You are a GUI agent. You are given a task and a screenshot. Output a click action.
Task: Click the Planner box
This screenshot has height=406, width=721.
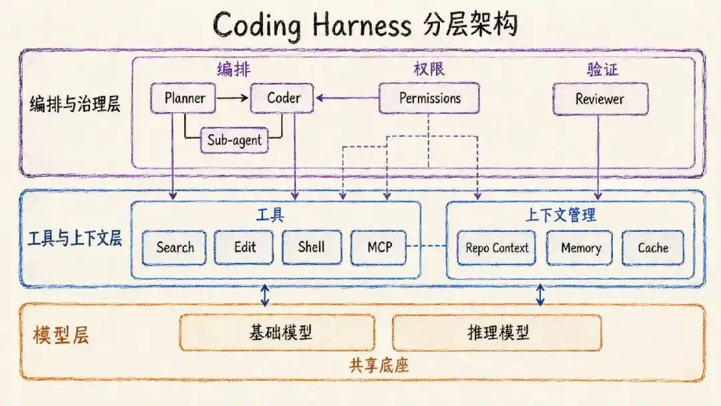[183, 98]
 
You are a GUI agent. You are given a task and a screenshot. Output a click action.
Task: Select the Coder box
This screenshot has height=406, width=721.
[282, 98]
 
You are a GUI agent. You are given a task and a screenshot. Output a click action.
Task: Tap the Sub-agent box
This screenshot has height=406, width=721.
[234, 140]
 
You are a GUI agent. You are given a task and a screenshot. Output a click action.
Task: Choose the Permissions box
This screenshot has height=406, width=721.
[429, 98]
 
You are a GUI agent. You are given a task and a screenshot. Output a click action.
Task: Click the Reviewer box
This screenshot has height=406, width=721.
[600, 99]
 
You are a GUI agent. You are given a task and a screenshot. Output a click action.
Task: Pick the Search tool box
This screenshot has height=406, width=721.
[174, 248]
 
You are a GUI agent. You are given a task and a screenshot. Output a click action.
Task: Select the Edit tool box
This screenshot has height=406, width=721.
[244, 248]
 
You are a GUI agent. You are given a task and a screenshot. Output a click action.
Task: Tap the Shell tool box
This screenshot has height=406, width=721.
[312, 248]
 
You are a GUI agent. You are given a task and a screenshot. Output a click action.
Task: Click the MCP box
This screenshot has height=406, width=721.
[379, 248]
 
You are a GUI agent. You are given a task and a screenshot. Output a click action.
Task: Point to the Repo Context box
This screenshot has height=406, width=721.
[496, 248]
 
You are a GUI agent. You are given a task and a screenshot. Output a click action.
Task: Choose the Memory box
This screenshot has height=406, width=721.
[579, 248]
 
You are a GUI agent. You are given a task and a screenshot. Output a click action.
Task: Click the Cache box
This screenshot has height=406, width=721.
[652, 248]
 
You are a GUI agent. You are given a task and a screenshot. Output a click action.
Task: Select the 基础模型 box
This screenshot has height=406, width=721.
[277, 333]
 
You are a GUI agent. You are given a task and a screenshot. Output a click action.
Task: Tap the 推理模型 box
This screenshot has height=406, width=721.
[497, 333]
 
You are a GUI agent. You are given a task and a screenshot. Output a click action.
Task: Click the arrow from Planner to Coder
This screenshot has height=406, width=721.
[232, 98]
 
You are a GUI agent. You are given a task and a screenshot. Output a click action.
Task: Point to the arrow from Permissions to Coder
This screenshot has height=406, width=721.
[347, 98]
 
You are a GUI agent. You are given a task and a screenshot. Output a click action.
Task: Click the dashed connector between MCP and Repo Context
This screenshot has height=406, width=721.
[427, 246]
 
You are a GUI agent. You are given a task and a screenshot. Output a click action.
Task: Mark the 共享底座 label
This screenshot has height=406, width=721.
[379, 365]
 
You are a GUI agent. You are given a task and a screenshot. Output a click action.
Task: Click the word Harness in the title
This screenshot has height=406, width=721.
[362, 25]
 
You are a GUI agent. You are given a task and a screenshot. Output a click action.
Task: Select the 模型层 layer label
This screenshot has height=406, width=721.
[61, 335]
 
